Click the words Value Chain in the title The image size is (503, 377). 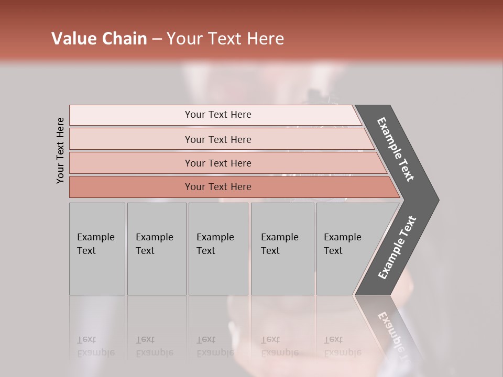(x=99, y=38)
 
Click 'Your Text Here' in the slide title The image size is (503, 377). (x=225, y=38)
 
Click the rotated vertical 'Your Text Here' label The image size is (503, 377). (x=61, y=150)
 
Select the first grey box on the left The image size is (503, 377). (x=97, y=249)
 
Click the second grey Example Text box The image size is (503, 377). (x=157, y=249)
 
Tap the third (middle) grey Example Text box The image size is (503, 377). (x=218, y=249)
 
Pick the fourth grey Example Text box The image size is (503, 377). (x=282, y=249)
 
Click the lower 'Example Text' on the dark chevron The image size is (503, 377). (x=397, y=248)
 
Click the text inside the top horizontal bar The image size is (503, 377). (x=218, y=115)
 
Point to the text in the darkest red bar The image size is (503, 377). (x=218, y=187)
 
